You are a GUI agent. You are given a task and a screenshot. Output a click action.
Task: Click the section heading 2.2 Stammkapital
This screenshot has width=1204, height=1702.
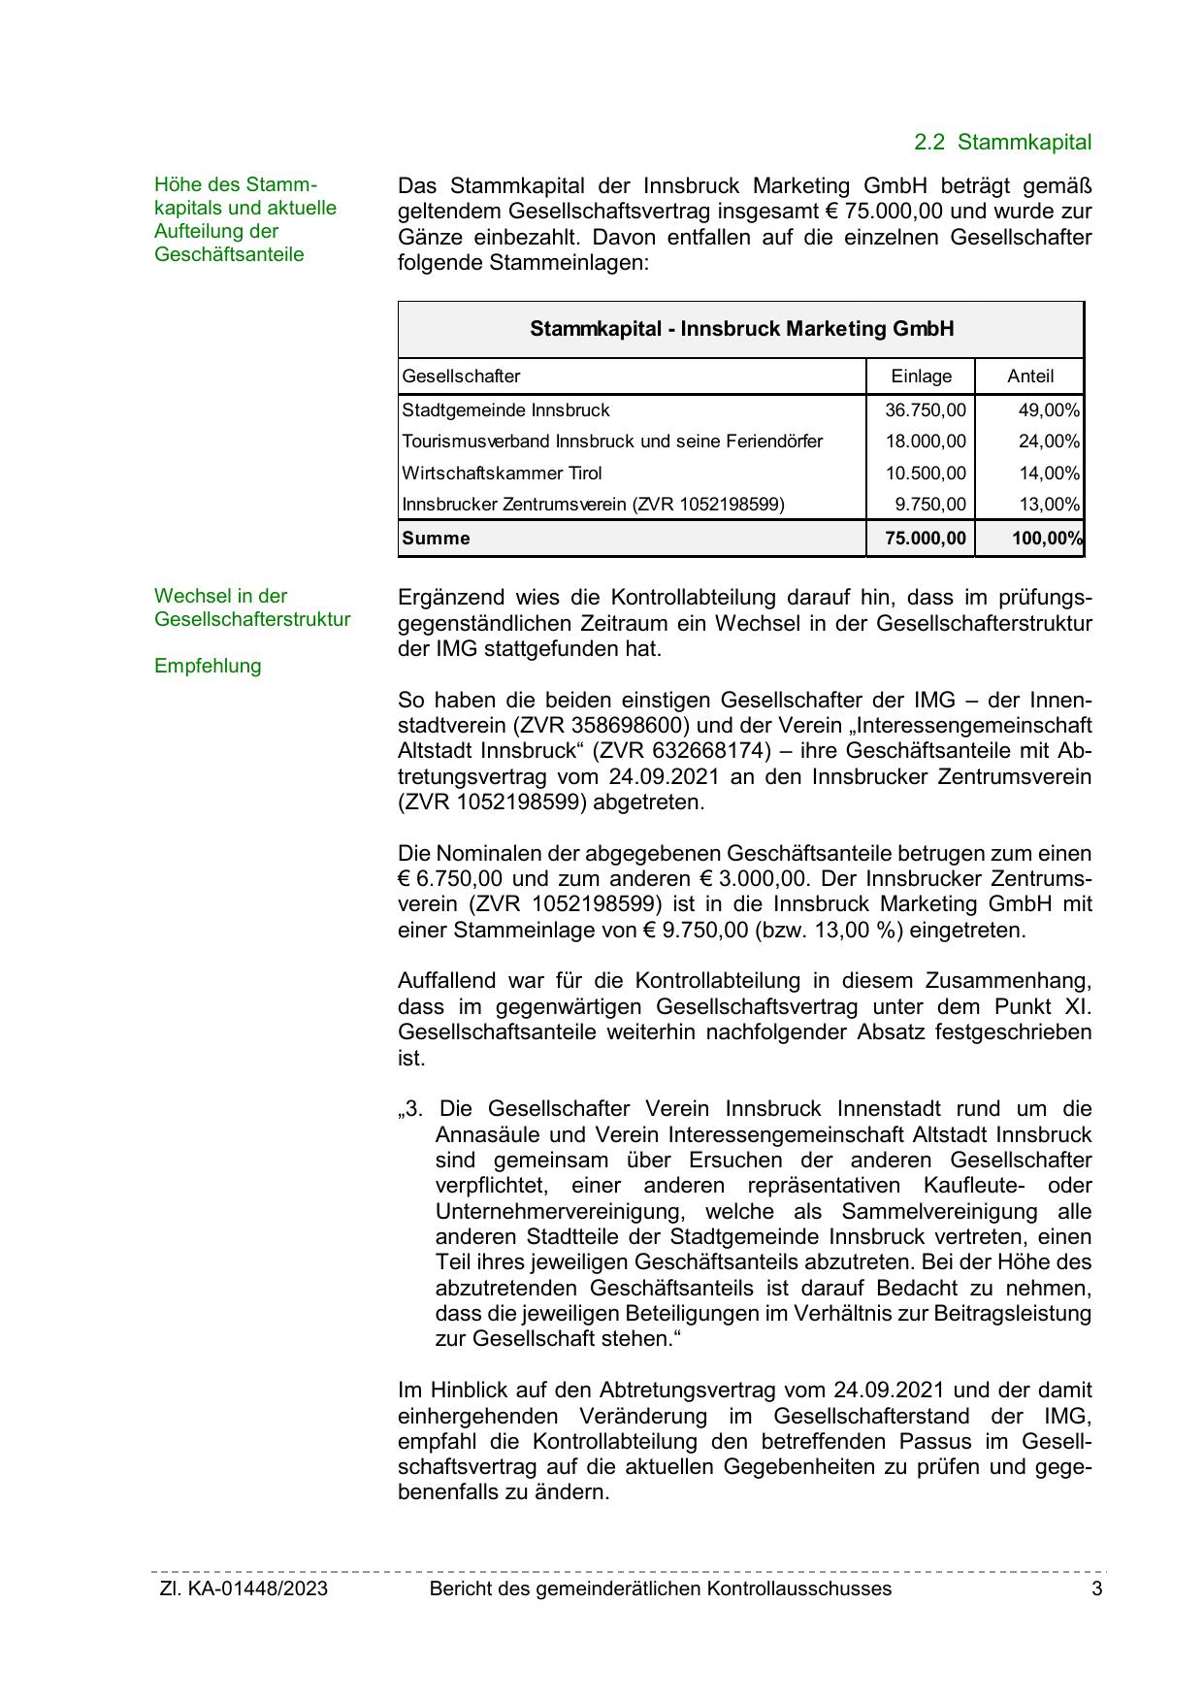[1002, 143]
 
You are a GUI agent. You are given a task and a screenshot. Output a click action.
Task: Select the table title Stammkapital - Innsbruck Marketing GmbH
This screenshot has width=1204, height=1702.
[741, 329]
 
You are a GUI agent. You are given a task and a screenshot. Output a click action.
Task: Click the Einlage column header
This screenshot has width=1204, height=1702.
[921, 376]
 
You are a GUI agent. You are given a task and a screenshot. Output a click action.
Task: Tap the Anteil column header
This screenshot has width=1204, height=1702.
[1029, 376]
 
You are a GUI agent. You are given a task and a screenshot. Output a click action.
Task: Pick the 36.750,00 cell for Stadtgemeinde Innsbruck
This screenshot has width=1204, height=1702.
[925, 410]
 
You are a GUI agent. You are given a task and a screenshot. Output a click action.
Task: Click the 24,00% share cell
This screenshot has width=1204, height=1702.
[1048, 442]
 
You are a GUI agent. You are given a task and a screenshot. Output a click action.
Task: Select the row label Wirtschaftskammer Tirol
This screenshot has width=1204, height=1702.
[502, 474]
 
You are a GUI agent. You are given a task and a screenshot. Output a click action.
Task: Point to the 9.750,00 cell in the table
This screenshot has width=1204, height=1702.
[929, 505]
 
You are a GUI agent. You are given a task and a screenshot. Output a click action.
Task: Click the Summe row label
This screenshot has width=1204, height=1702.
[436, 539]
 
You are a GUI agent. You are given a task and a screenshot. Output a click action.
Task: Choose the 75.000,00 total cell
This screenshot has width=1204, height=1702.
[926, 539]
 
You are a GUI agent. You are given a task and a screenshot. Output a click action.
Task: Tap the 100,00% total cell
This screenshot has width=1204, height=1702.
[1046, 539]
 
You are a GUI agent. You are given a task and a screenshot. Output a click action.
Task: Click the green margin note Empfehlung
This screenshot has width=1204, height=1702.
[208, 667]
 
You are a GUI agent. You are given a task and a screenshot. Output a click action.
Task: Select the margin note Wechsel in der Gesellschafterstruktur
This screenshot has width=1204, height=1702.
[251, 608]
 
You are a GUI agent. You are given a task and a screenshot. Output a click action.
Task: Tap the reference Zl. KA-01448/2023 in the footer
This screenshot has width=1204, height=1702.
[244, 1589]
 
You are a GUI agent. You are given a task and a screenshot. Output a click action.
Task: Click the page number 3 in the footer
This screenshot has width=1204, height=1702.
[1096, 1589]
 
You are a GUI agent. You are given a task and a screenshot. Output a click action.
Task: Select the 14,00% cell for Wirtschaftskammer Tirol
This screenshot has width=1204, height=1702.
[1048, 474]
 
